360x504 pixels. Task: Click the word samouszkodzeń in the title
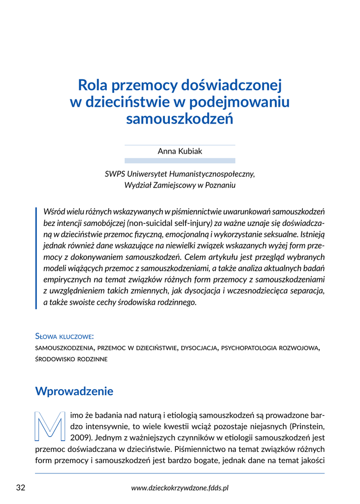coord(180,119)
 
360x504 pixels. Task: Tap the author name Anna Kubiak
coord(180,152)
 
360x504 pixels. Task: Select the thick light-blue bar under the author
coord(180,160)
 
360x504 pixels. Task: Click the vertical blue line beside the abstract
coord(36,257)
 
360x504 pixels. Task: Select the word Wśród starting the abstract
coord(54,211)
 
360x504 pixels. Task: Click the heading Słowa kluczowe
coord(65,337)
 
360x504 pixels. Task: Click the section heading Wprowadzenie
coord(74,391)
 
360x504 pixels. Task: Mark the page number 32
coord(20,488)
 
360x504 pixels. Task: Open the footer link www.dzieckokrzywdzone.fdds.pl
coord(180,488)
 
